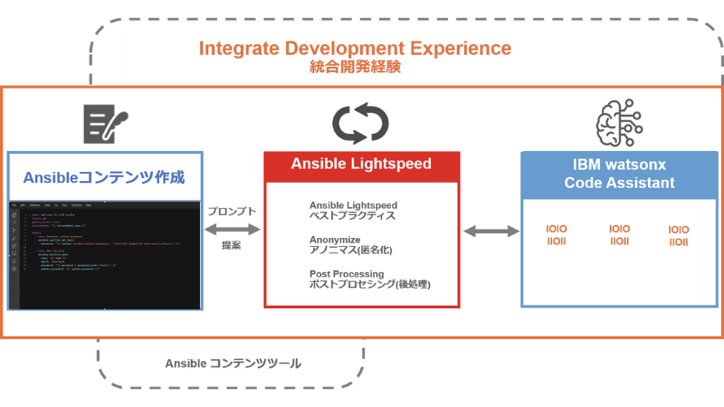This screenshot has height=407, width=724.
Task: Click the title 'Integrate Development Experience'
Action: point(355,48)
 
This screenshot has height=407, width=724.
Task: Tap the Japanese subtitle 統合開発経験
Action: point(355,67)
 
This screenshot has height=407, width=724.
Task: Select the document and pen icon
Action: point(105,124)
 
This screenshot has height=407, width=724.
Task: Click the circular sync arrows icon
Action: point(360,124)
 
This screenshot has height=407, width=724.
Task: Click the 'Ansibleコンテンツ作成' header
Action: point(105,176)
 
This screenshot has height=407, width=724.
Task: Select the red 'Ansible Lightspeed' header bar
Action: point(361,165)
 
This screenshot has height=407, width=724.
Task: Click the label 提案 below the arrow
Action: point(232,245)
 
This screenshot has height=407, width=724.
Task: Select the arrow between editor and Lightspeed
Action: point(233,229)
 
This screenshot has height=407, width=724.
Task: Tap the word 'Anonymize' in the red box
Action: point(335,240)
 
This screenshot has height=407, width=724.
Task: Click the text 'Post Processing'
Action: point(347,273)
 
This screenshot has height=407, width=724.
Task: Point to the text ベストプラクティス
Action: point(352,217)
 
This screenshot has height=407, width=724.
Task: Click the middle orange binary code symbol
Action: point(620,235)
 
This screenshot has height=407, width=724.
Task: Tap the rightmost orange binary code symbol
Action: point(679,236)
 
